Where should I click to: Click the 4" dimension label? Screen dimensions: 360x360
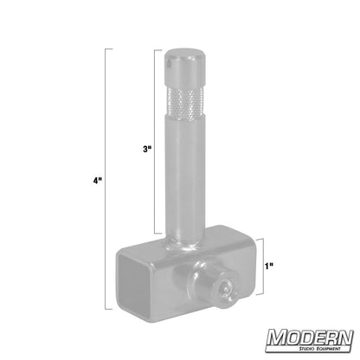pos(99,182)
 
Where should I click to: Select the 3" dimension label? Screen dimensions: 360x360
pos(147,150)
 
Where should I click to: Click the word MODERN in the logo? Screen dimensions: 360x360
pos(309,337)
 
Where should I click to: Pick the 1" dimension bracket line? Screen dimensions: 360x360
pos(261,267)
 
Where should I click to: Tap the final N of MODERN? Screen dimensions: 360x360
pos(344,337)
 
